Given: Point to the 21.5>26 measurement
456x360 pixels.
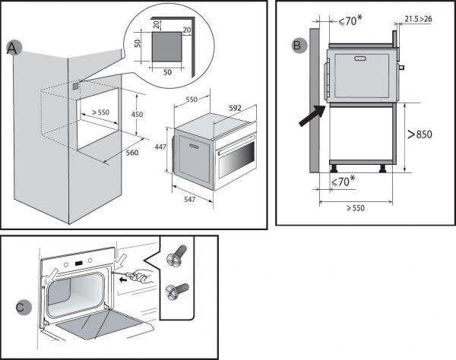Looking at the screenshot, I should (x=419, y=17).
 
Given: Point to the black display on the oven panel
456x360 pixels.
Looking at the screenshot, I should (x=79, y=265).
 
